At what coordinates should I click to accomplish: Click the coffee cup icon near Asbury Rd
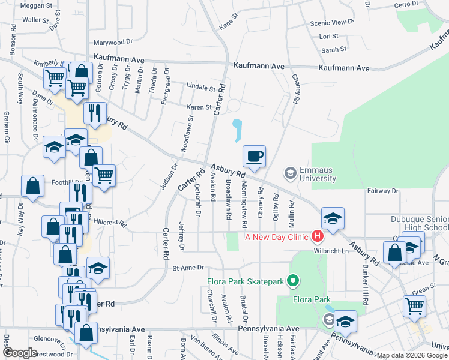[254, 157]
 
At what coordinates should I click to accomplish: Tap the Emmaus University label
[318, 174]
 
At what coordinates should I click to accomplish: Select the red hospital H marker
[317, 236]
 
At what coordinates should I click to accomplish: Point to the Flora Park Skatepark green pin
[293, 280]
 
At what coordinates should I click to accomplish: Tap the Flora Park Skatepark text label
[246, 281]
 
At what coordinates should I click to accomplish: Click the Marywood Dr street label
[113, 43]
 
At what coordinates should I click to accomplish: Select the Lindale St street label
[200, 87]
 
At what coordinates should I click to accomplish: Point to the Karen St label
[199, 107]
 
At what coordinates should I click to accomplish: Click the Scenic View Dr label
[332, 22]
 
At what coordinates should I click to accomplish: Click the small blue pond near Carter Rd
[238, 129]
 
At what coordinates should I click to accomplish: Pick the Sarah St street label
[334, 50]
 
